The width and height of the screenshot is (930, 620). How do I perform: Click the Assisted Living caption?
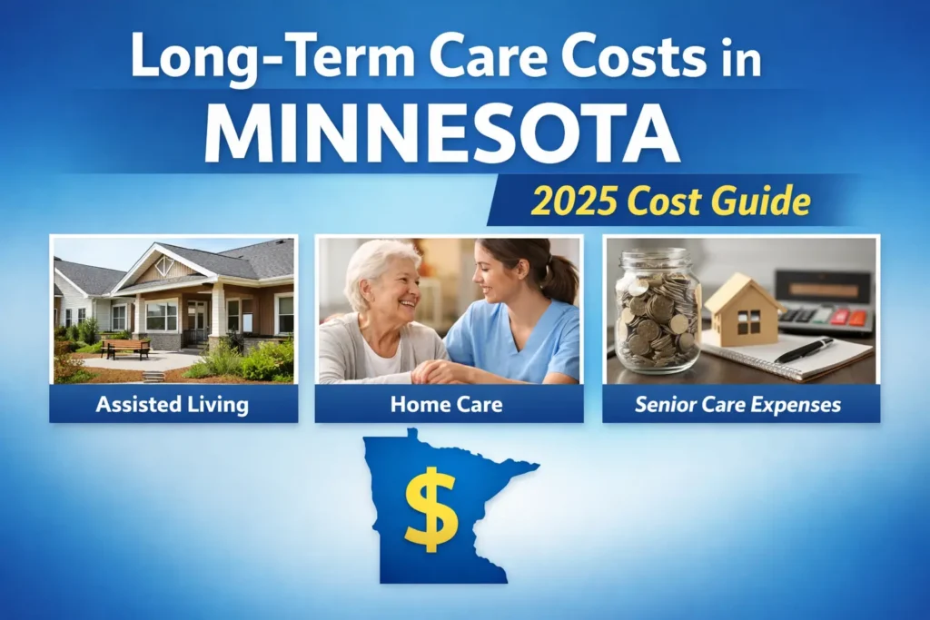point(173,403)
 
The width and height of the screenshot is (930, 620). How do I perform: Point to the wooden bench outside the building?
point(126,348)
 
